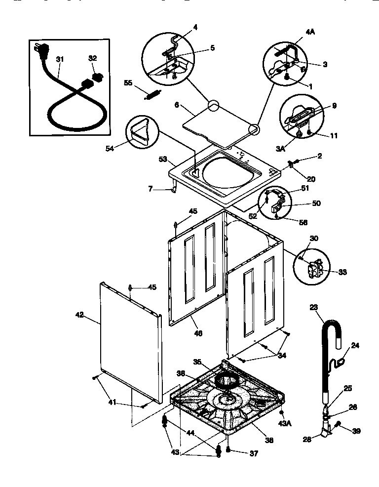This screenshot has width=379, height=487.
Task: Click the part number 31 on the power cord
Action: (60, 59)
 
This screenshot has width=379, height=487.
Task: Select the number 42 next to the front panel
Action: (79, 314)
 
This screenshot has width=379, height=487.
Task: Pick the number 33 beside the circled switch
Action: (341, 272)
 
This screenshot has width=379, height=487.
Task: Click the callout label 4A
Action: (310, 32)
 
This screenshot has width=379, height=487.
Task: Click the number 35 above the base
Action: (197, 361)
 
